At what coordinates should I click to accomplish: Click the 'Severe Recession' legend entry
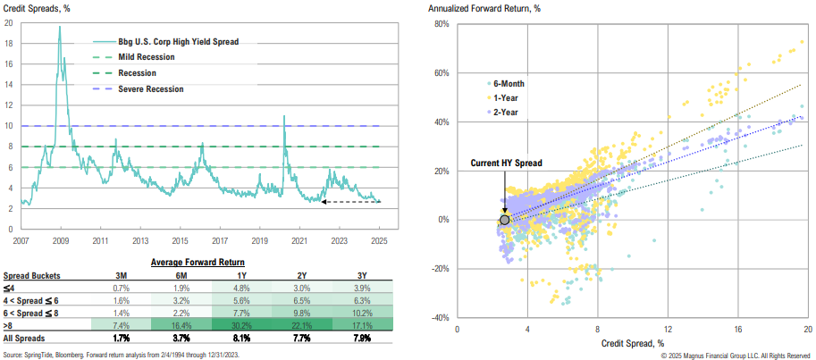click(150, 88)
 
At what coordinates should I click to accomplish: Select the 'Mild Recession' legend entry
click(146, 57)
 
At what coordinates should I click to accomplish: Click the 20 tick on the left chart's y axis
click(9, 23)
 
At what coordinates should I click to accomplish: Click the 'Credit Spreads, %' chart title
click(33, 8)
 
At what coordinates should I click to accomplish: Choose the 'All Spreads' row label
click(26, 339)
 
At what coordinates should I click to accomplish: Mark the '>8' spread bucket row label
click(10, 327)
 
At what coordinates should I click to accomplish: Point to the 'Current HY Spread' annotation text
click(506, 163)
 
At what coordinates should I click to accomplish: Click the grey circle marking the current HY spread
click(505, 219)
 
